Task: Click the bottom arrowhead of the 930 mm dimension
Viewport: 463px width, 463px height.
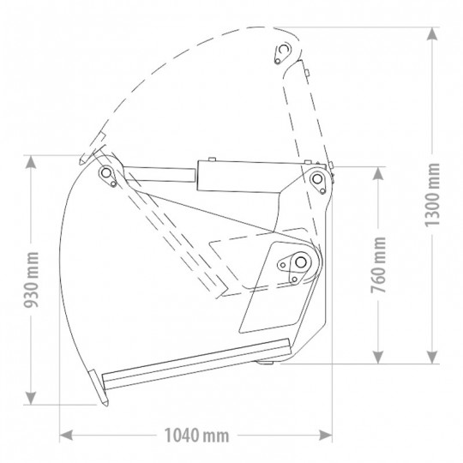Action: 33,399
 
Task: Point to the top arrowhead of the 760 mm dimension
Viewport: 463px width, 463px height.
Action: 374,170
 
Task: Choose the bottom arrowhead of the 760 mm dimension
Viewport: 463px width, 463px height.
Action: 374,358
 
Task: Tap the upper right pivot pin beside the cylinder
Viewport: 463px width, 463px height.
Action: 316,178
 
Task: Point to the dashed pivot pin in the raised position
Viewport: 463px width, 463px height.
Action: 279,55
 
